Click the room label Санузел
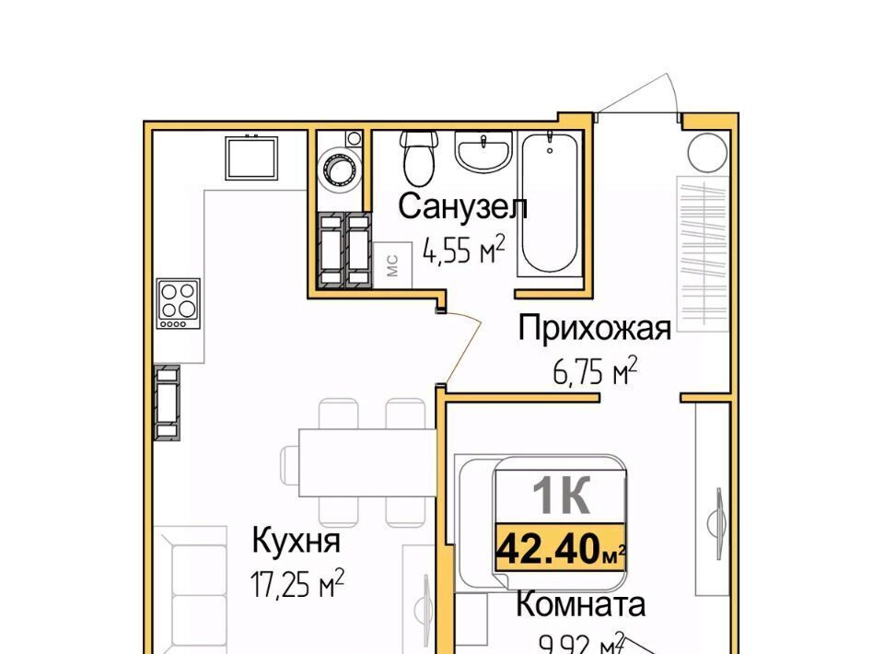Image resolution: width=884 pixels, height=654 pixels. coord(463,206)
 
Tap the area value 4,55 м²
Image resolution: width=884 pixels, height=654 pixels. coord(463,250)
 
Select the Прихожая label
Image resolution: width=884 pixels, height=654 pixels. coord(595,328)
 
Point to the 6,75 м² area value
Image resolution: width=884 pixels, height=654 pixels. coord(595,371)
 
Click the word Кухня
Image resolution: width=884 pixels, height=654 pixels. coord(296,540)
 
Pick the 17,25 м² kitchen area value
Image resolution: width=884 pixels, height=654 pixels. coord(297,583)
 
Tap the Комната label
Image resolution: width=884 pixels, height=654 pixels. coord(581,604)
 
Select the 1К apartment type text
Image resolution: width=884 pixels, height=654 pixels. coord(562,495)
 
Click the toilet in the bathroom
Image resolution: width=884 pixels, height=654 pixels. coord(420,158)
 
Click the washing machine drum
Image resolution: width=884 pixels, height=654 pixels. coord(338,168)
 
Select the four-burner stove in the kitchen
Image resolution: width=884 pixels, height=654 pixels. coord(179,304)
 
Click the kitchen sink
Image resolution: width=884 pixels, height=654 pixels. coord(250,158)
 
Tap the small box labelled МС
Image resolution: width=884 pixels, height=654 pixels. coord(392,265)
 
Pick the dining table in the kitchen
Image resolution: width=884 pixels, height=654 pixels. coord(367,462)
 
